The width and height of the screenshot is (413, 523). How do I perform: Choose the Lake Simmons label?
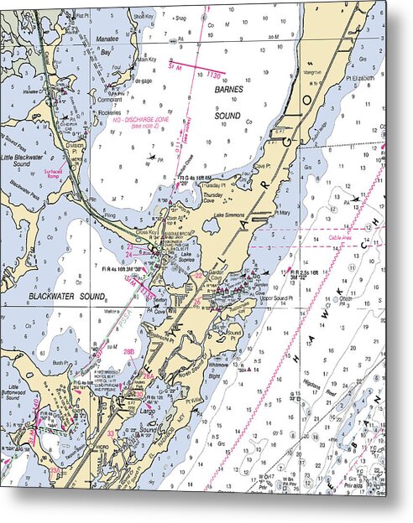(x=229, y=215)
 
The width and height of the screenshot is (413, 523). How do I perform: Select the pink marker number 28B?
(x=129, y=352)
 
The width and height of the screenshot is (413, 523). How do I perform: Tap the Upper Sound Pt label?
(x=280, y=298)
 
